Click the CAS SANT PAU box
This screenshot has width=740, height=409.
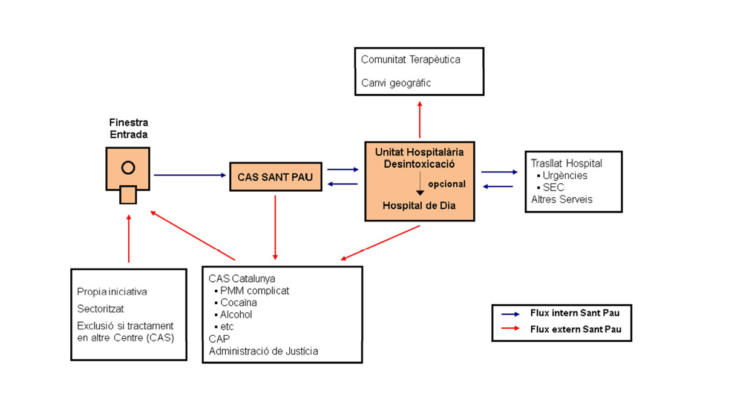coord(275,177)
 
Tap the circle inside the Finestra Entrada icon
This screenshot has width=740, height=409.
coord(128,168)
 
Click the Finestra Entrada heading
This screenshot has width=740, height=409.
coord(128,128)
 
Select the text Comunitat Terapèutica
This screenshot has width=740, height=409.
coord(410,60)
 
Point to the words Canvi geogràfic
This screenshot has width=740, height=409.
coord(396,83)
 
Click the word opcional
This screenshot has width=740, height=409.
coord(447,184)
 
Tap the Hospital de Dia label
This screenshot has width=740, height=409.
coord(419,206)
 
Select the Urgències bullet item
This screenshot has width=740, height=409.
coord(565,175)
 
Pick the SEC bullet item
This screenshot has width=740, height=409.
coord(553,188)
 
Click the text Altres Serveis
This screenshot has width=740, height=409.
coord(562,199)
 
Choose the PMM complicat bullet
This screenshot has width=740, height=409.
coord(254,290)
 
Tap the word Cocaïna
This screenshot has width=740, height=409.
coord(238,303)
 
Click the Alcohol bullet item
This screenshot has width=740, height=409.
coord(236,315)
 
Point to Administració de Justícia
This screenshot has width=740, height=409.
coord(263,351)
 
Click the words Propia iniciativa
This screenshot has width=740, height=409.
coord(112,292)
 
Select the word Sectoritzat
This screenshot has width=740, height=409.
coord(100,309)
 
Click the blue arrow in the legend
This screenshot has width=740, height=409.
coord(510,314)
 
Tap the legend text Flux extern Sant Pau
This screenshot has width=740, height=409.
coord(575,330)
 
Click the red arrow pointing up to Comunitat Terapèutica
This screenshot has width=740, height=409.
coord(420,120)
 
